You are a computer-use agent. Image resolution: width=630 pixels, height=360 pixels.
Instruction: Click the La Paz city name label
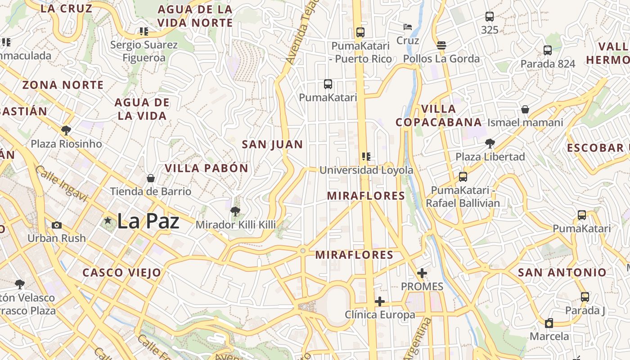(x=148, y=221)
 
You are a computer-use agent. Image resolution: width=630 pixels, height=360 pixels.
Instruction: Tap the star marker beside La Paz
(x=108, y=220)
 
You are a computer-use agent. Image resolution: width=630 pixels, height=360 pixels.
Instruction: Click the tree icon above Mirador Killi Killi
(x=234, y=211)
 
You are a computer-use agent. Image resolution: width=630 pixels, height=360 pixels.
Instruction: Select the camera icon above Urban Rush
(x=57, y=225)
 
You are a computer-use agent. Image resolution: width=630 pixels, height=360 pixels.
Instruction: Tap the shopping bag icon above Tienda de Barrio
(x=151, y=178)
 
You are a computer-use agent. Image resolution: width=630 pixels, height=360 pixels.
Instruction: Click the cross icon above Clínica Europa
(x=380, y=301)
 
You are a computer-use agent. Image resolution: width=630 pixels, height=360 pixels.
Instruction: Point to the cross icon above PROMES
(x=422, y=273)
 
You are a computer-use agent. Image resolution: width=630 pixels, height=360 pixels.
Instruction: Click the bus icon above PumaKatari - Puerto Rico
(x=360, y=32)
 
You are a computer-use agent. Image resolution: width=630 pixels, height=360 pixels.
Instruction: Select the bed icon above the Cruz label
(x=408, y=27)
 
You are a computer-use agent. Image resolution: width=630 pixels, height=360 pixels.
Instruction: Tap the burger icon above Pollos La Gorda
(x=441, y=45)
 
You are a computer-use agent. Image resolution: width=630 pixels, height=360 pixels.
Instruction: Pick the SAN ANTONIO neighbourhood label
(x=562, y=272)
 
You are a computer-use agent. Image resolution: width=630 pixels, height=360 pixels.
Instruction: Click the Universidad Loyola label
(x=366, y=170)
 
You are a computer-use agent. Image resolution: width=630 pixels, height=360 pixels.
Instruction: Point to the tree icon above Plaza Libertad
(x=490, y=144)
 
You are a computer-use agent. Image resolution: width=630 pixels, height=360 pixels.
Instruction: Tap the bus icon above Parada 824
(x=548, y=50)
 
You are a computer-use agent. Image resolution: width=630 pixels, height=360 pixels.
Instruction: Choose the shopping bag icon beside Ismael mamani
(x=525, y=109)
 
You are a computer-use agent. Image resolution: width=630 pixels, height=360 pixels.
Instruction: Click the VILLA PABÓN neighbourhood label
(x=206, y=168)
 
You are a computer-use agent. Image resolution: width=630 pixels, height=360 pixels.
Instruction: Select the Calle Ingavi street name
(x=61, y=184)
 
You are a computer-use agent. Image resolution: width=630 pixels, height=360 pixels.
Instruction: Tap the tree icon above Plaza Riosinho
(x=66, y=130)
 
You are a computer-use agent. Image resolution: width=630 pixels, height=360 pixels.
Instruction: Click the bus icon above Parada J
(x=585, y=297)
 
